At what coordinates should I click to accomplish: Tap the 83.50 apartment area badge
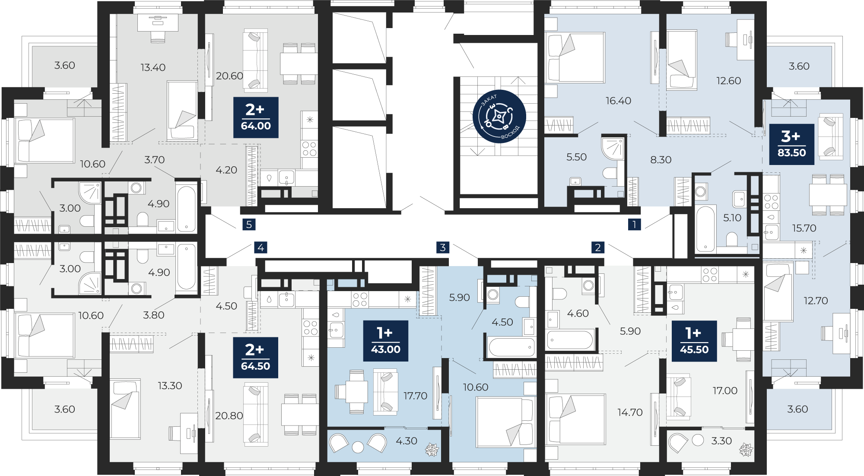click(x=791, y=144)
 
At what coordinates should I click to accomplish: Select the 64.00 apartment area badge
click(x=256, y=117)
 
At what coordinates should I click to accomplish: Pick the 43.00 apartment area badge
click(x=386, y=341)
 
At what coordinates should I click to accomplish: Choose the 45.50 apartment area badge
click(x=694, y=341)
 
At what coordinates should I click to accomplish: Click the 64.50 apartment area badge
click(x=255, y=358)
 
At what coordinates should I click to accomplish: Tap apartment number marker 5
click(x=249, y=225)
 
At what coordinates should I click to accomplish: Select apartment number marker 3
click(x=443, y=248)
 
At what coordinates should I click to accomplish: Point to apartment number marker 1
click(x=634, y=225)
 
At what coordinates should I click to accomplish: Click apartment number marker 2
click(x=598, y=248)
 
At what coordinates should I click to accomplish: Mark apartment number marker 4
click(x=260, y=248)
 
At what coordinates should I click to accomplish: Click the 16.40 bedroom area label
click(x=618, y=101)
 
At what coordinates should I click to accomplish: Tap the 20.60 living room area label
click(x=229, y=76)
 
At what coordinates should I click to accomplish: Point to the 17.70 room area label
click(x=415, y=396)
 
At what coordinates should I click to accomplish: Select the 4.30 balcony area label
click(x=407, y=441)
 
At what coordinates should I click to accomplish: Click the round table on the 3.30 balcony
click(x=698, y=440)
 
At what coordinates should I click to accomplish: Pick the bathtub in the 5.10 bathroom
click(x=705, y=229)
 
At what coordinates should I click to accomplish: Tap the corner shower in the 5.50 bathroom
click(x=613, y=148)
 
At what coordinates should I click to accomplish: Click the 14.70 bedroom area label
click(x=630, y=413)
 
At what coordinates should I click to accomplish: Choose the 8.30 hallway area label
click(x=661, y=160)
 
